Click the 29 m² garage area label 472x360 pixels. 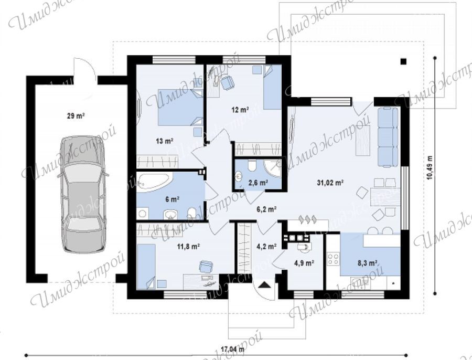coord(76,115)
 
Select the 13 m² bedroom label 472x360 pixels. coord(164,141)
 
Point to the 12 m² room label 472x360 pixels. coord(240,110)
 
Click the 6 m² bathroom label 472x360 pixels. coord(172,199)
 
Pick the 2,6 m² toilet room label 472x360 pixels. coord(258,182)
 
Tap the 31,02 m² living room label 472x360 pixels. coord(330,182)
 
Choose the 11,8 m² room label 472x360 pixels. coord(189,247)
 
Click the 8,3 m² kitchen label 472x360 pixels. coord(368,263)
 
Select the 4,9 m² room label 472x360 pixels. coord(304,263)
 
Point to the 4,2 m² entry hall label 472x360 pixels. coord(266,247)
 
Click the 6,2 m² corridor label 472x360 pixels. coord(266,209)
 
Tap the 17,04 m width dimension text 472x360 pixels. coord(233,350)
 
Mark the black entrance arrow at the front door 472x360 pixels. coord(264,285)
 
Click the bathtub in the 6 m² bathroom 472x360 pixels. coord(154,182)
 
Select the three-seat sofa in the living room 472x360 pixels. coord(388,137)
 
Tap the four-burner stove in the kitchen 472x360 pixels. coord(333,259)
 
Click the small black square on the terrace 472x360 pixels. coord(403,61)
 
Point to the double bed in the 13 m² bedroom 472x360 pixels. coord(180,107)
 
